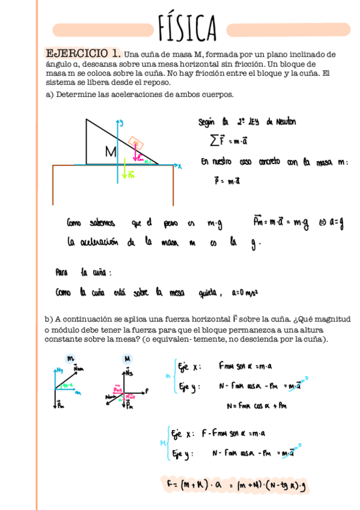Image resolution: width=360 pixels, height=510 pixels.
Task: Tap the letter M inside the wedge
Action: click(x=110, y=153)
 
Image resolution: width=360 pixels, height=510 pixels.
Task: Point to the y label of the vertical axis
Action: click(x=122, y=123)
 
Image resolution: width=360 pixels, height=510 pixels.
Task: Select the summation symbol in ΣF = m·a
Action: click(x=215, y=141)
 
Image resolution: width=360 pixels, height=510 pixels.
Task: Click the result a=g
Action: click(x=334, y=224)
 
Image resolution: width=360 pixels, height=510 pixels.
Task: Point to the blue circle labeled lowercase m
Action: click(x=70, y=358)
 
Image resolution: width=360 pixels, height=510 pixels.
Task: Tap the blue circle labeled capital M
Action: click(x=128, y=358)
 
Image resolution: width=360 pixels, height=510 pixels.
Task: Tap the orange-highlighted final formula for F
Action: click(x=234, y=484)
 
